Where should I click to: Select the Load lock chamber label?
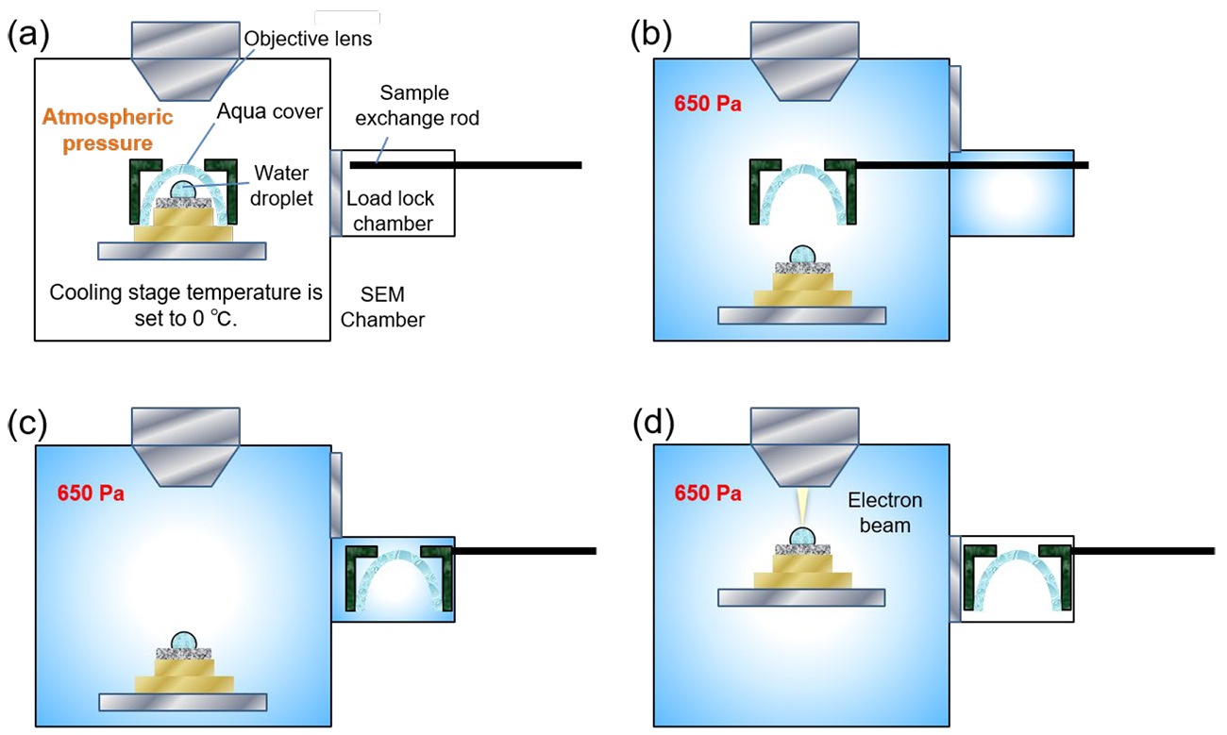390,211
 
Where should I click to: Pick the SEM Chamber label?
382,308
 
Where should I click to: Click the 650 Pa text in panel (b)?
708,103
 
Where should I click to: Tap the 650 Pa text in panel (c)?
91,493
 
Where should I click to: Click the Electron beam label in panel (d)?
885,512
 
